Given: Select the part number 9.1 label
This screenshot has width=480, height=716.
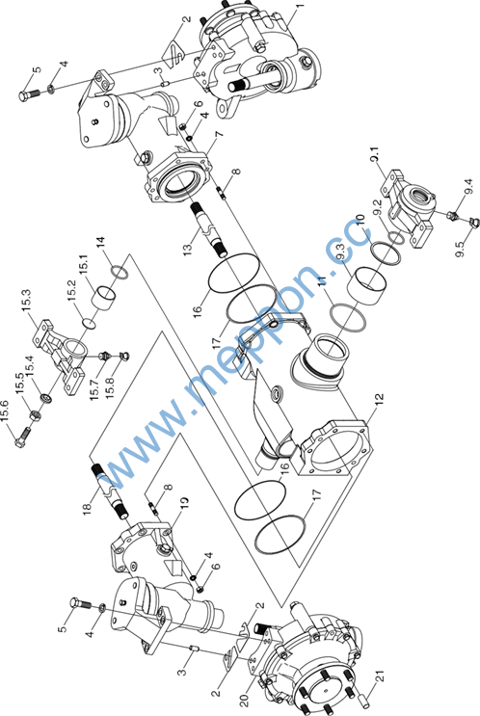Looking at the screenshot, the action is pos(375,155).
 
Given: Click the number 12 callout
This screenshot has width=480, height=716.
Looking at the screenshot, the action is pos(379,400).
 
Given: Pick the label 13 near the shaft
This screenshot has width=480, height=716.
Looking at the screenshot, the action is pos(187,248).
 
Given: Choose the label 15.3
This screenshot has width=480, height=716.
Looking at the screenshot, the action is pos(26,300).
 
